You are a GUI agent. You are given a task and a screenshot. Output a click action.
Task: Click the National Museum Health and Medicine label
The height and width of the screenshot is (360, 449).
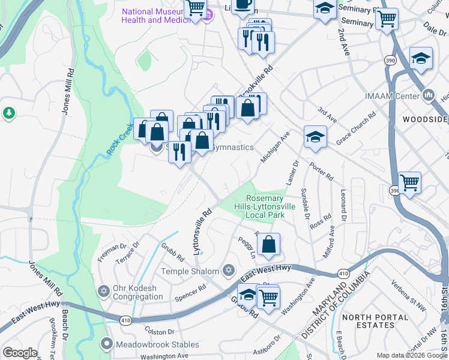click(x=159, y=16)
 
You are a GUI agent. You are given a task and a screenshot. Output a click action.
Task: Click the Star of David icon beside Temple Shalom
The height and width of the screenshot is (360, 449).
click(x=228, y=271)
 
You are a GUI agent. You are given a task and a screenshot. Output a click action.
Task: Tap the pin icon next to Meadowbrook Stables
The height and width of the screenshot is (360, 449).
click(x=106, y=344)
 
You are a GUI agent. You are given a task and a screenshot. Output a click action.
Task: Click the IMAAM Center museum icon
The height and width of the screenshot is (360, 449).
click(x=429, y=95)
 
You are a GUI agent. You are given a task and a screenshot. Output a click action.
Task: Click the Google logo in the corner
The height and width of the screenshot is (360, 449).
click(x=20, y=353)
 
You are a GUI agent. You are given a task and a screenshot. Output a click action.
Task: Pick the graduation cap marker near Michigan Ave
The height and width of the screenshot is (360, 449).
click(x=315, y=137)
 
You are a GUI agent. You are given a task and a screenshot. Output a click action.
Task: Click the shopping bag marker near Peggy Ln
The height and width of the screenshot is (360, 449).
click(x=268, y=244)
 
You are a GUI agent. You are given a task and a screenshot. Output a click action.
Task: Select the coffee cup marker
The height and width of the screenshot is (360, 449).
click(x=243, y=5)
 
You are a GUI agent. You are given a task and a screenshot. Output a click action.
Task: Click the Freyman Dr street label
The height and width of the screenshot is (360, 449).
click(x=112, y=246)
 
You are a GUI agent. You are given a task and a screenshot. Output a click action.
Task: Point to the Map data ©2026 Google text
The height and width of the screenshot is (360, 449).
click(x=412, y=355)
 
